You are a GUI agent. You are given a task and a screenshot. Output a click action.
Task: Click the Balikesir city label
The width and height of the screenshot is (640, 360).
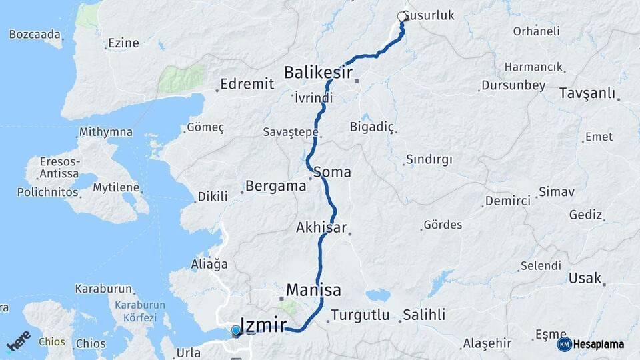pyautogui.click(x=318, y=72)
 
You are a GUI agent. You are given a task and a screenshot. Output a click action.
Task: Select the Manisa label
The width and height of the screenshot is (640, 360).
pyautogui.click(x=313, y=290)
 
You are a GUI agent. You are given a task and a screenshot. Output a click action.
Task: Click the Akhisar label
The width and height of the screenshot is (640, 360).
pyautogui.click(x=321, y=228)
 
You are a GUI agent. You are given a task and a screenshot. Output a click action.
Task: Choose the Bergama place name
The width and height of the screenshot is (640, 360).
pyautogui.click(x=275, y=186)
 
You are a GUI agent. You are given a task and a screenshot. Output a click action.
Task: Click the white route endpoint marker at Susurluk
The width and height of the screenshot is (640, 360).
pyautogui.click(x=402, y=17)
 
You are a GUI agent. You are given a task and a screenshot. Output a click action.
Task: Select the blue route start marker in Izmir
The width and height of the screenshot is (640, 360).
pyautogui.click(x=236, y=331)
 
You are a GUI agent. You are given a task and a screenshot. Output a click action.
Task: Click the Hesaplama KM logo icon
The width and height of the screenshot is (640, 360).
pyautogui.click(x=564, y=344)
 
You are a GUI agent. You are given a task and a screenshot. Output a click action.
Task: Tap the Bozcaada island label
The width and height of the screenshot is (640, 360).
pyautogui.click(x=35, y=34)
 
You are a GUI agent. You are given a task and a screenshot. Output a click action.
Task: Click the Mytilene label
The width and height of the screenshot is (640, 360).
pyautogui.click(x=116, y=187)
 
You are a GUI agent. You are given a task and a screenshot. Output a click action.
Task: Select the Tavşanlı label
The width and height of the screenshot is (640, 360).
pyautogui.click(x=587, y=93)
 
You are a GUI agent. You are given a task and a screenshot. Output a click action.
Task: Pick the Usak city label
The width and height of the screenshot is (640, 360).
pyautogui.click(x=585, y=278)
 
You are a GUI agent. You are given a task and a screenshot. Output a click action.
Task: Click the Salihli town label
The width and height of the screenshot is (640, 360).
pyautogui.click(x=425, y=315)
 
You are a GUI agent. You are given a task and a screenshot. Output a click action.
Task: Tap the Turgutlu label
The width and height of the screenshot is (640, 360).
pyautogui.click(x=360, y=315)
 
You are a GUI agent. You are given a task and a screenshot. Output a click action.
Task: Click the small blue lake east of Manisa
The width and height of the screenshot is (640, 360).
pyautogui.click(x=377, y=294)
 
